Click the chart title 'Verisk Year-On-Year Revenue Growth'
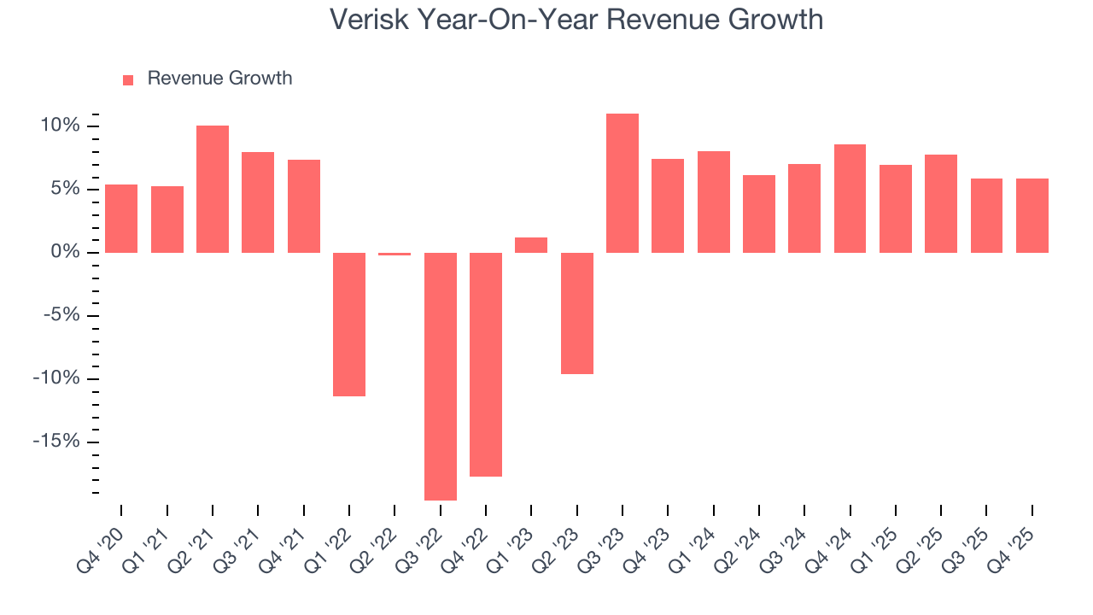(x=576, y=20)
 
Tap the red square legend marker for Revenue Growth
(x=128, y=79)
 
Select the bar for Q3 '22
(x=441, y=376)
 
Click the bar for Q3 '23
(x=622, y=183)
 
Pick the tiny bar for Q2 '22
(x=395, y=254)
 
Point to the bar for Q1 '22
(x=349, y=324)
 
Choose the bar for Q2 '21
(x=213, y=189)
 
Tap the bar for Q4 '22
(x=486, y=364)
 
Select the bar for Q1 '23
(x=531, y=245)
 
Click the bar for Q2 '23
(x=577, y=313)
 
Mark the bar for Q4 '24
(x=850, y=198)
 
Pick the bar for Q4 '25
(x=1032, y=215)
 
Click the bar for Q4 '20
(x=121, y=218)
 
